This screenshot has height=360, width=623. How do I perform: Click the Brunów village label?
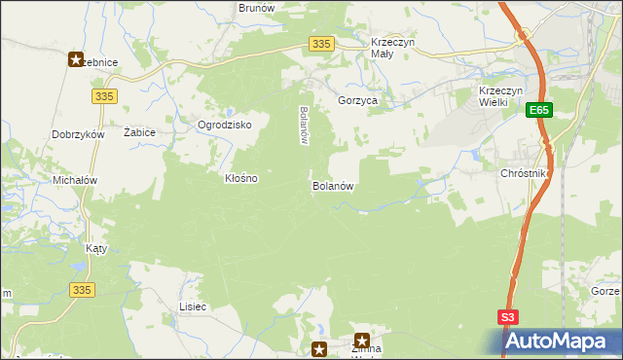pos(255,7)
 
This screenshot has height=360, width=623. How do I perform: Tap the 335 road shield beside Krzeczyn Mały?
pos(323,44)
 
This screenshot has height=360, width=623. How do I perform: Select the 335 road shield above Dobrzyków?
pos(105,95)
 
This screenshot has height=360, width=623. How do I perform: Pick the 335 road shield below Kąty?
pos(83,290)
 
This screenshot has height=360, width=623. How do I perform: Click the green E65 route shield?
pos(541,112)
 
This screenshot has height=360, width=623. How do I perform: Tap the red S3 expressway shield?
pos(509,317)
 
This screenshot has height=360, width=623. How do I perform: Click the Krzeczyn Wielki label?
pos(502,97)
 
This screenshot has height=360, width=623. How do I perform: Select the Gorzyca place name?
pos(357,100)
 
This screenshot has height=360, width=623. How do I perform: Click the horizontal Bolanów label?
pos(332,185)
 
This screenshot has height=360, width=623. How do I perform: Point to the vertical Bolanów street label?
pos(304,126)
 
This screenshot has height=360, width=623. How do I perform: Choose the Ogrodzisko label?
pos(225,126)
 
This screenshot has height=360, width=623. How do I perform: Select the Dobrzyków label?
pos(79,135)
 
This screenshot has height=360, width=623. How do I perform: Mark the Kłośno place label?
pos(241,179)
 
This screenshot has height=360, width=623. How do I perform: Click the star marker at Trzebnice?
pos(77,60)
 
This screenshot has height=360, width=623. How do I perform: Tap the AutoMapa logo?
pos(562,341)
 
